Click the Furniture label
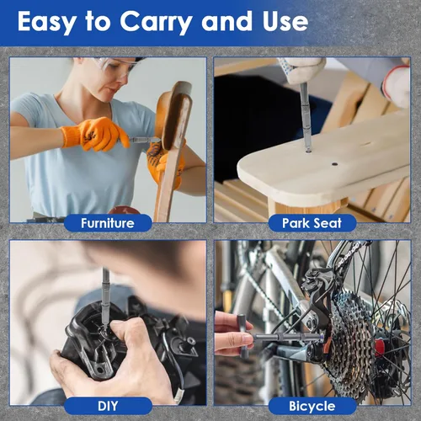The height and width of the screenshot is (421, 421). [x=108, y=223]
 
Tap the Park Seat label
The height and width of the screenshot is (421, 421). [x=312, y=223]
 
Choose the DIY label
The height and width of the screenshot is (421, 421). [x=108, y=406]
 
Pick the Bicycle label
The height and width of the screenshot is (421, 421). [x=312, y=406]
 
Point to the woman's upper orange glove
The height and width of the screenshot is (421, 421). [x=95, y=134]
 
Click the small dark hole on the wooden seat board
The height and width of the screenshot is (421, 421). [x=334, y=163]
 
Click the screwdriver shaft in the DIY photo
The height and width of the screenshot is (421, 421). [x=105, y=296]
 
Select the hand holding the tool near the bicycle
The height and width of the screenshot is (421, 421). [x=233, y=334]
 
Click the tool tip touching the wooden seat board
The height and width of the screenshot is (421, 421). [x=308, y=149]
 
